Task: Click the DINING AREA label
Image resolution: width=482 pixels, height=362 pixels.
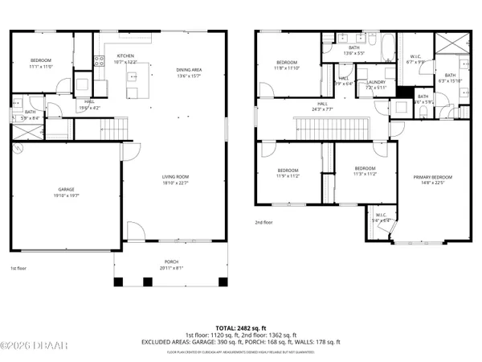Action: (190, 70)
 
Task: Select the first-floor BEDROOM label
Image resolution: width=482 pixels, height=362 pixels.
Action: (41, 61)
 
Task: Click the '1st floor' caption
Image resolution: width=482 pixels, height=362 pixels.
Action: (18, 269)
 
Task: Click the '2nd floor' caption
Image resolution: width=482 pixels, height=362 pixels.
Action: (263, 222)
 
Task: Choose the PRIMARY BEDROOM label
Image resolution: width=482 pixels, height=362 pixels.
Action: (432, 177)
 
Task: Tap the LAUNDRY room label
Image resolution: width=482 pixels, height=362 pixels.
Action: (376, 82)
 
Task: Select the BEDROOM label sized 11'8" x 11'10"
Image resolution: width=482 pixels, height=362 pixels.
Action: (287, 63)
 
